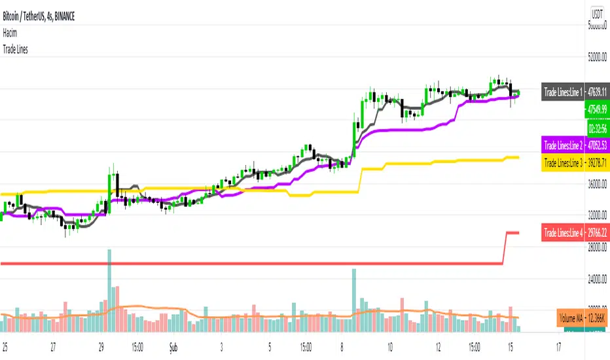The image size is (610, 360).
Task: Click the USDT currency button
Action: coord(597,14)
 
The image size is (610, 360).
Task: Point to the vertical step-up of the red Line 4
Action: coord(505,247)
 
